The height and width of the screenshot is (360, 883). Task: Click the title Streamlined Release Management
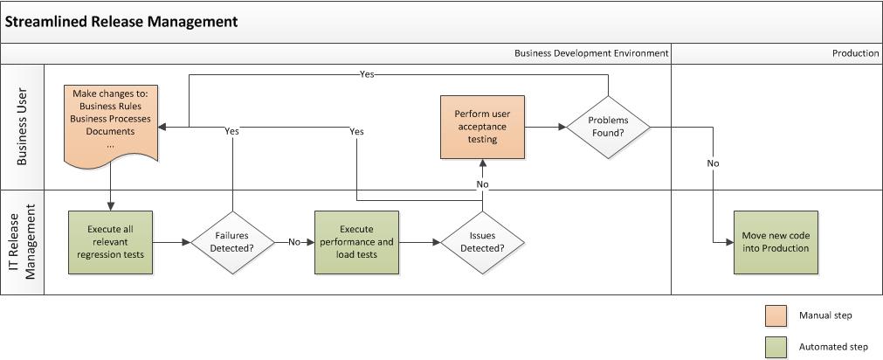(121, 22)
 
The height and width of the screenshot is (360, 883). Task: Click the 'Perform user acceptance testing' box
(482, 127)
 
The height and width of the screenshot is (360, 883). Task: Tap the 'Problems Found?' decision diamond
(608, 127)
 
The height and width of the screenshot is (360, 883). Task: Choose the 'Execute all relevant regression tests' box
(111, 242)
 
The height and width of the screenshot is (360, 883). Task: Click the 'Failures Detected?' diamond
(232, 242)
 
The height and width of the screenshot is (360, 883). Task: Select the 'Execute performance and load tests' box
(356, 242)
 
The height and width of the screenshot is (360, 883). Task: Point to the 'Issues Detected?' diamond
(481, 242)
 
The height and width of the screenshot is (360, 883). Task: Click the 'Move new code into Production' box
(776, 242)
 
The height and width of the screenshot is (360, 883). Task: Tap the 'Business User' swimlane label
(23, 127)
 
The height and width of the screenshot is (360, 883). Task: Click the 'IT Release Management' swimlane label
(23, 242)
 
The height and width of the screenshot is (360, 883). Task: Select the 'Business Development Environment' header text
(591, 53)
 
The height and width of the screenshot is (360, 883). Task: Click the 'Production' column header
(855, 53)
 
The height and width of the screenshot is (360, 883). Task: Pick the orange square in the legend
(775, 315)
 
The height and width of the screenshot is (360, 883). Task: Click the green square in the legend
(775, 346)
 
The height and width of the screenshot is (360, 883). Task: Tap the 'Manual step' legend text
(825, 315)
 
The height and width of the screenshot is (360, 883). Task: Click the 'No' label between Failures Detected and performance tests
(294, 242)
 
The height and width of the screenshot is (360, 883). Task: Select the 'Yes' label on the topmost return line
(367, 74)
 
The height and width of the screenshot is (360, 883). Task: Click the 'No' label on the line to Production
(713, 163)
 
